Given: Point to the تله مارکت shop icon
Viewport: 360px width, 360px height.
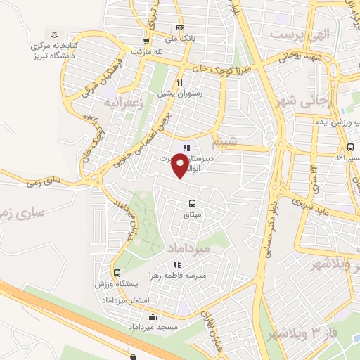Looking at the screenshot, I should (146, 41).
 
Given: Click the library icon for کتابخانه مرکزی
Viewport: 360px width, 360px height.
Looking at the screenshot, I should (54, 34).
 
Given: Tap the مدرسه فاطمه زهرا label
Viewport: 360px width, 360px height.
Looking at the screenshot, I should (182, 276).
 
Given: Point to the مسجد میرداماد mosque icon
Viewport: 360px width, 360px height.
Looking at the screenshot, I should (152, 317).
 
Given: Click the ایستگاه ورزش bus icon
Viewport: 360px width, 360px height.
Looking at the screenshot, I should (117, 272).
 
